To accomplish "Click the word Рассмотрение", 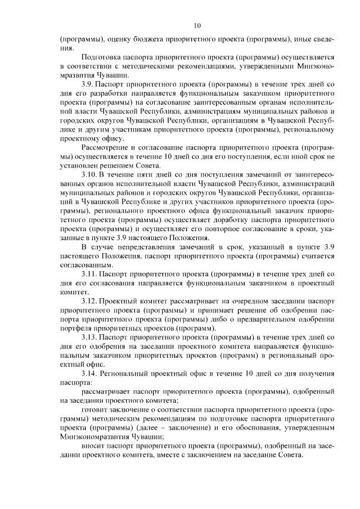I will click(108, 148).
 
